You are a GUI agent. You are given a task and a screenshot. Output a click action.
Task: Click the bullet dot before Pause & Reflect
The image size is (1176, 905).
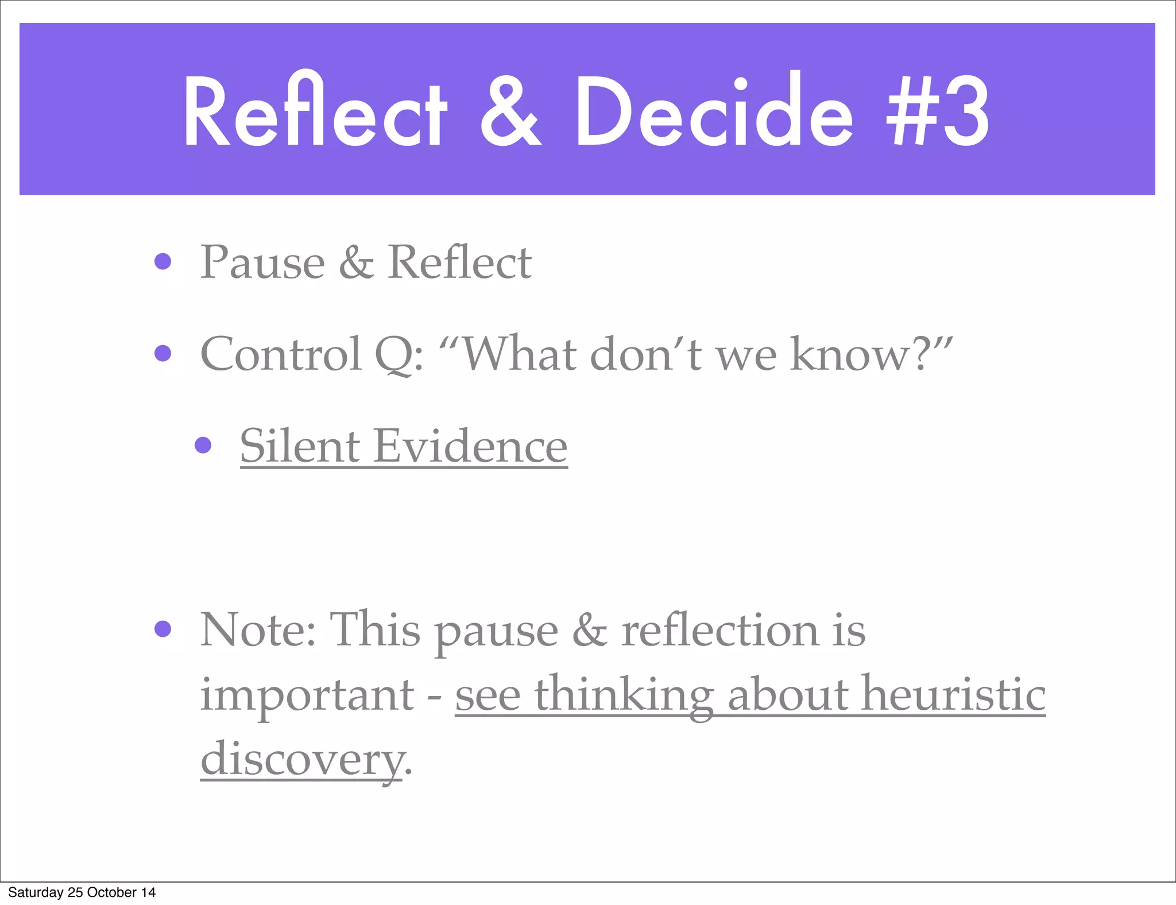163,262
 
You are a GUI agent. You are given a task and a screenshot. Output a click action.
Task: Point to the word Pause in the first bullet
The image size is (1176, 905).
262,262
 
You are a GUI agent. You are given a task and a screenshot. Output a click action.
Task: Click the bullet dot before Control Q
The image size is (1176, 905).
163,353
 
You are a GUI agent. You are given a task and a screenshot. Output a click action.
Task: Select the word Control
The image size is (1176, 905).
281,354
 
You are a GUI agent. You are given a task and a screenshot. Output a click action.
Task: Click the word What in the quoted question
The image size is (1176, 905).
520,354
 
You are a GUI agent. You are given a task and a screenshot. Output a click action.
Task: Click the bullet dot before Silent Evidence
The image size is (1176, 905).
203,445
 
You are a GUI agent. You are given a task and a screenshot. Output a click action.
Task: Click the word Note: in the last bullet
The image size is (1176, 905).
258,630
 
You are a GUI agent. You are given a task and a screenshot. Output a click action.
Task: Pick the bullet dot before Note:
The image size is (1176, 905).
163,629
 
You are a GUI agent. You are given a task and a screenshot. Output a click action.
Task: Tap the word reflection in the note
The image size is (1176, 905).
720,630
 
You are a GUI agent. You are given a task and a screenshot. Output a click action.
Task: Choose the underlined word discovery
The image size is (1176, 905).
301,759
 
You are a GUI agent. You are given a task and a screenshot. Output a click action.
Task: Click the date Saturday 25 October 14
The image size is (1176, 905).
82,892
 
